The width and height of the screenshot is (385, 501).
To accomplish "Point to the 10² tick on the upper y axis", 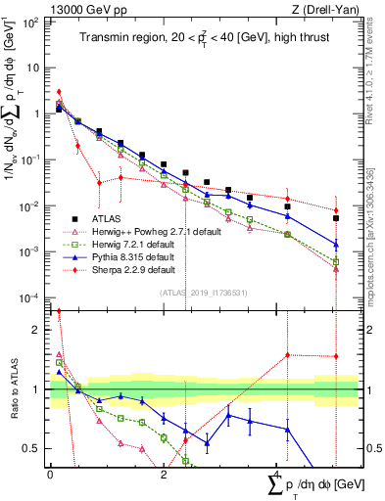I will [x=30, y=22].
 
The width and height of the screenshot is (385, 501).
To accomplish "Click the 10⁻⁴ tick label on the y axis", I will [x=29, y=297].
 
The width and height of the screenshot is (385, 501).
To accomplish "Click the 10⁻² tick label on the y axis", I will [x=29, y=205].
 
